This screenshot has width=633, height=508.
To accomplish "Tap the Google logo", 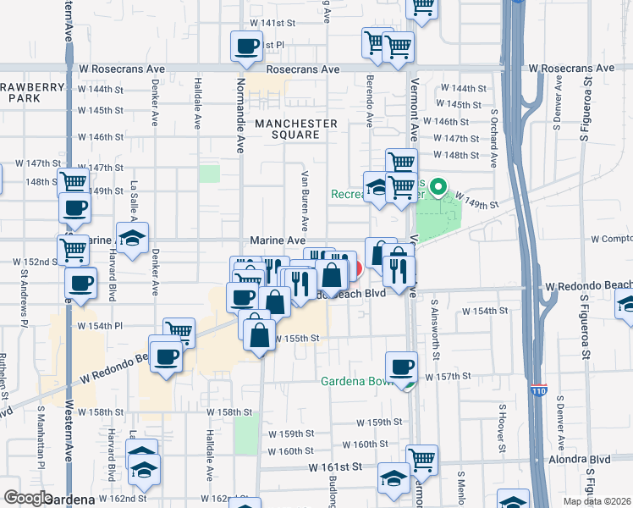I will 28,498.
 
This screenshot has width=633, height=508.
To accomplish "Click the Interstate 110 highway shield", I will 540,390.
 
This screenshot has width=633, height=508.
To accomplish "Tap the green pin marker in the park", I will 438,185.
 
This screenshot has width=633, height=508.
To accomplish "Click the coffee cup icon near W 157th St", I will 401,367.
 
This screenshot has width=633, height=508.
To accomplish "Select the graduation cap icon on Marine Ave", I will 132,237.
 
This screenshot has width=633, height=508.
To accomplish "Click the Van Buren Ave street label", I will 304,200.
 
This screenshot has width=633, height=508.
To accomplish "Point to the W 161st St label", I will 335,467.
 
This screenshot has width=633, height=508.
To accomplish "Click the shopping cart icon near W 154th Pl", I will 179,332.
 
